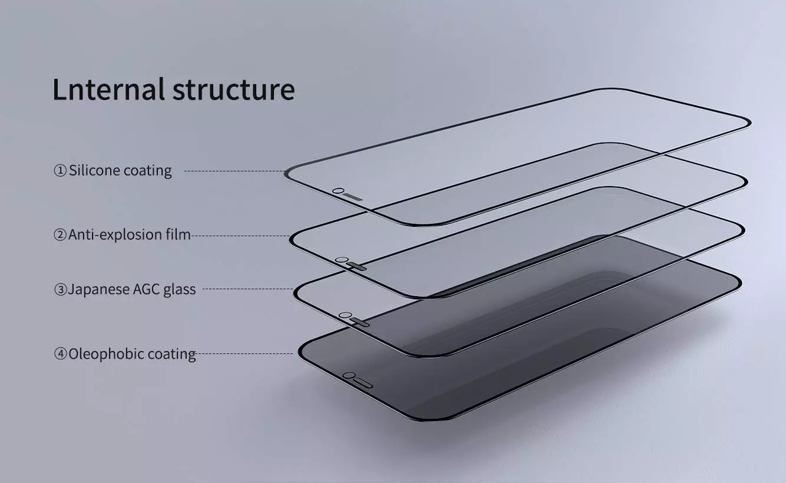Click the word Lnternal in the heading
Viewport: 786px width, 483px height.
coord(108,89)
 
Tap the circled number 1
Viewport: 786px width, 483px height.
coord(61,171)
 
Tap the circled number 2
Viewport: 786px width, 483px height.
coord(61,235)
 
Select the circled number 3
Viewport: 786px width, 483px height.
coord(61,290)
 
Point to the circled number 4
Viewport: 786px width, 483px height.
coord(61,355)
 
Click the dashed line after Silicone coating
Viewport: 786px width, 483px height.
coord(235,171)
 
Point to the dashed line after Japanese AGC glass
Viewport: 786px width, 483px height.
coord(247,289)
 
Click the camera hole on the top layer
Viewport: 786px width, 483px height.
coord(338,191)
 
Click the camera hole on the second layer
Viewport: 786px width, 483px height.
coord(340,260)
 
